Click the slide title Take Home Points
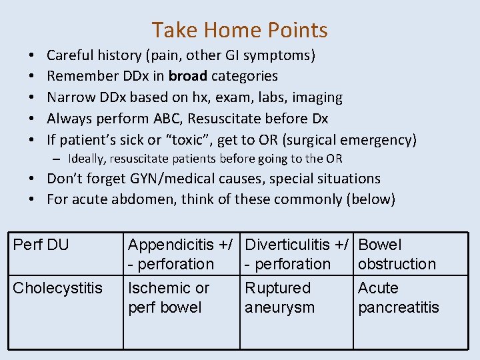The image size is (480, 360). point(239,30)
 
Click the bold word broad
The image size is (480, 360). point(189,76)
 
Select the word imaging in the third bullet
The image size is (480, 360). point(315,97)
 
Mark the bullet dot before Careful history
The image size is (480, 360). point(32,55)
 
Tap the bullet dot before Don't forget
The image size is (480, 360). point(32,179)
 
